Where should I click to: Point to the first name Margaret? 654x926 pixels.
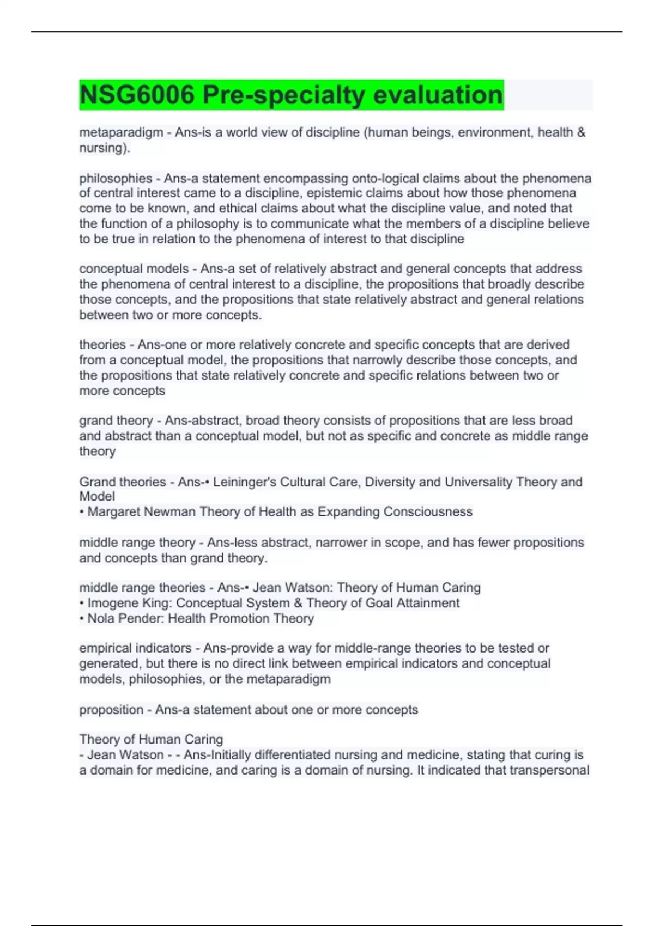point(114,511)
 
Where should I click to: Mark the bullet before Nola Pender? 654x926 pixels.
point(82,619)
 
